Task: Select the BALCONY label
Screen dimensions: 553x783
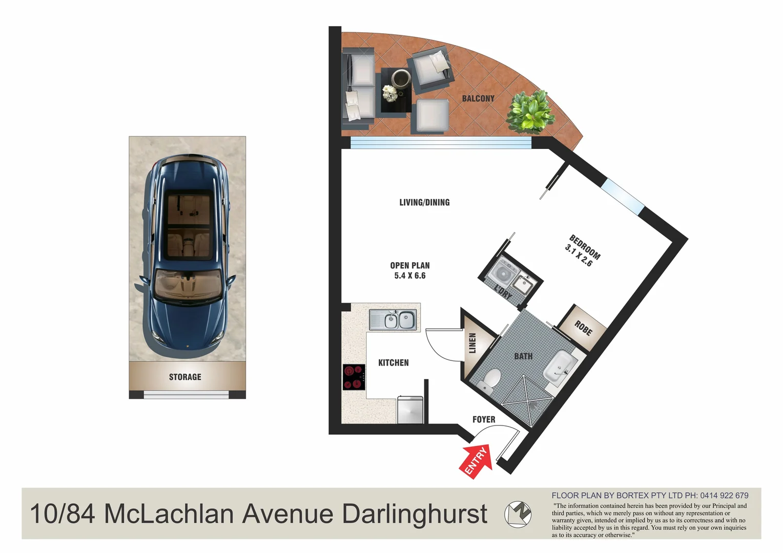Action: (x=478, y=98)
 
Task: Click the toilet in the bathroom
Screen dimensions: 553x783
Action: (x=490, y=379)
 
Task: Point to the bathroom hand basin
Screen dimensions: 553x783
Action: (x=560, y=366)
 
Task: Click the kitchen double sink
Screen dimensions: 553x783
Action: (x=393, y=321)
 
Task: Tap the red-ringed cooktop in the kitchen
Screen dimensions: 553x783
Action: (x=354, y=377)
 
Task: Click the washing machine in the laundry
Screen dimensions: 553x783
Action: (x=504, y=272)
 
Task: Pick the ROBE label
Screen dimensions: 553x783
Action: (x=583, y=328)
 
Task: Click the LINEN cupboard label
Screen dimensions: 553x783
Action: (x=472, y=343)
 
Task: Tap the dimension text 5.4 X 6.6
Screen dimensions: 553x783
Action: (x=410, y=275)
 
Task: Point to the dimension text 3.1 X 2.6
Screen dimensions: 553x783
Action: (x=579, y=256)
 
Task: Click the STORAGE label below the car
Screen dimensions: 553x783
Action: (x=185, y=377)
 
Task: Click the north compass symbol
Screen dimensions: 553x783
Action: (x=518, y=514)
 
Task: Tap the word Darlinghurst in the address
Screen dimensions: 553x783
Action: (x=415, y=514)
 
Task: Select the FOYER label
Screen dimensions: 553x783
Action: (x=484, y=419)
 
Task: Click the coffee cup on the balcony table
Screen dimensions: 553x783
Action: (x=401, y=79)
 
